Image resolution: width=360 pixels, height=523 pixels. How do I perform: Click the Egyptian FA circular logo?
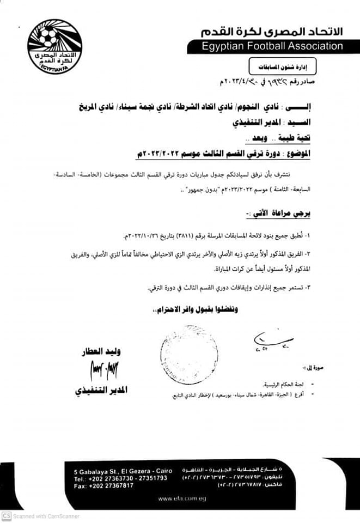click(54, 46)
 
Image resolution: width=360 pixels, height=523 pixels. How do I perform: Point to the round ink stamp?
click(189, 346)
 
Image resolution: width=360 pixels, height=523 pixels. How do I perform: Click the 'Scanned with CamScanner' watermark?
click(41, 516)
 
